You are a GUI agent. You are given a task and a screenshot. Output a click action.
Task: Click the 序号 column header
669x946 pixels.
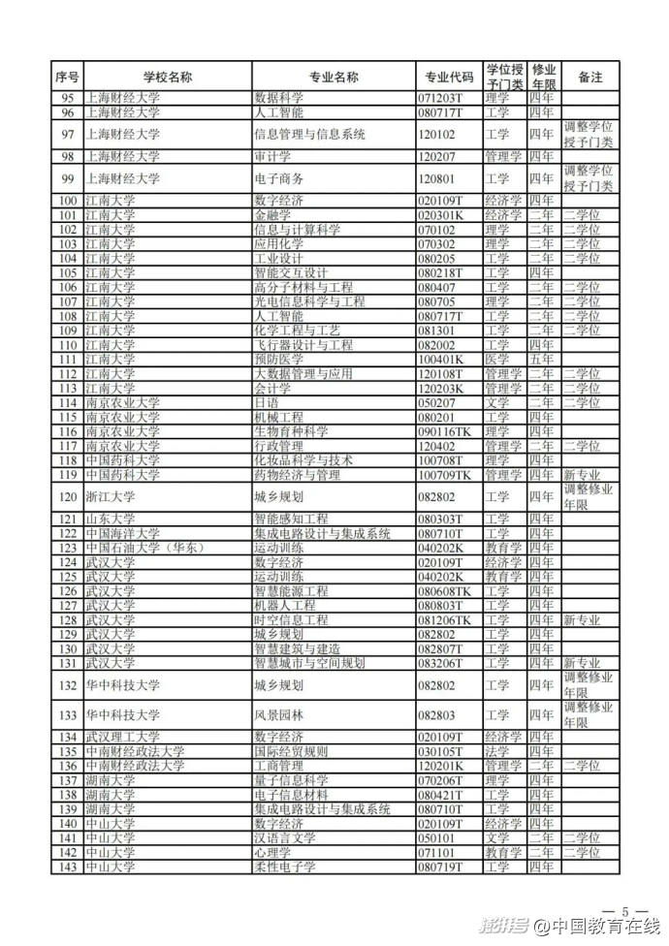point(67,77)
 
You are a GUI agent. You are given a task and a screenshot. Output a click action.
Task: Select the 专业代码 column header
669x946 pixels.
point(449,77)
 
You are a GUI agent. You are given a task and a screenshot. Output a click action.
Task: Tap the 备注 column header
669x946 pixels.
point(589,77)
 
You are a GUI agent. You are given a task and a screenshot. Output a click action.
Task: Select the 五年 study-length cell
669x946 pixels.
point(542,358)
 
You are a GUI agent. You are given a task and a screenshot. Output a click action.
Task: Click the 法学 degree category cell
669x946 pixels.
point(497,750)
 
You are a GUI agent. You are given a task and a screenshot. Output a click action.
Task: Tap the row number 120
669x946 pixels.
point(67,497)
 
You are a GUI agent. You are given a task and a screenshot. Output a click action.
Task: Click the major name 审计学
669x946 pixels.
point(271,156)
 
